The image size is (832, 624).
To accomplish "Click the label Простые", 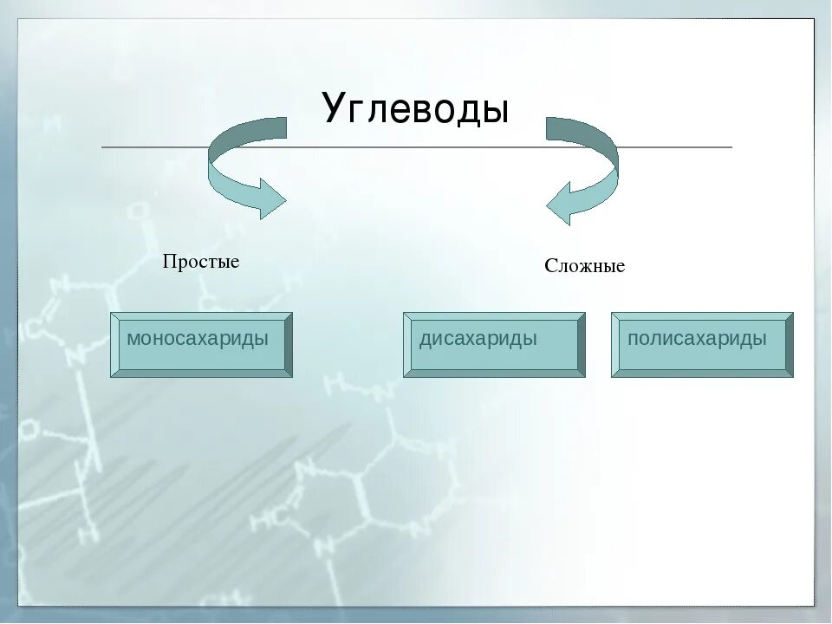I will tap(201, 262).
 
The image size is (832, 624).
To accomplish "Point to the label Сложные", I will tap(584, 266).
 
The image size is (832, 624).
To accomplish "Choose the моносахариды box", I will tap(201, 344).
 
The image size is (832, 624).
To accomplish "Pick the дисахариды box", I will tap(494, 344).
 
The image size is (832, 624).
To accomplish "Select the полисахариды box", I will tap(702, 344).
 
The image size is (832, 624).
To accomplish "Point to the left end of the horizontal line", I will tap(103, 147).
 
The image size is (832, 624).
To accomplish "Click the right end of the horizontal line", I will tap(731, 147).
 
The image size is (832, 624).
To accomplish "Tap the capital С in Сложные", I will tap(550, 266).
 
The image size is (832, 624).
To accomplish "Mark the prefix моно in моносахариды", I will tap(148, 338).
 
